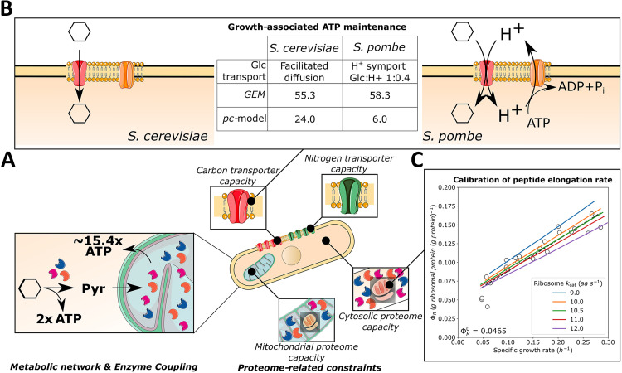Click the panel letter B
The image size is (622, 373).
click(8, 9)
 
